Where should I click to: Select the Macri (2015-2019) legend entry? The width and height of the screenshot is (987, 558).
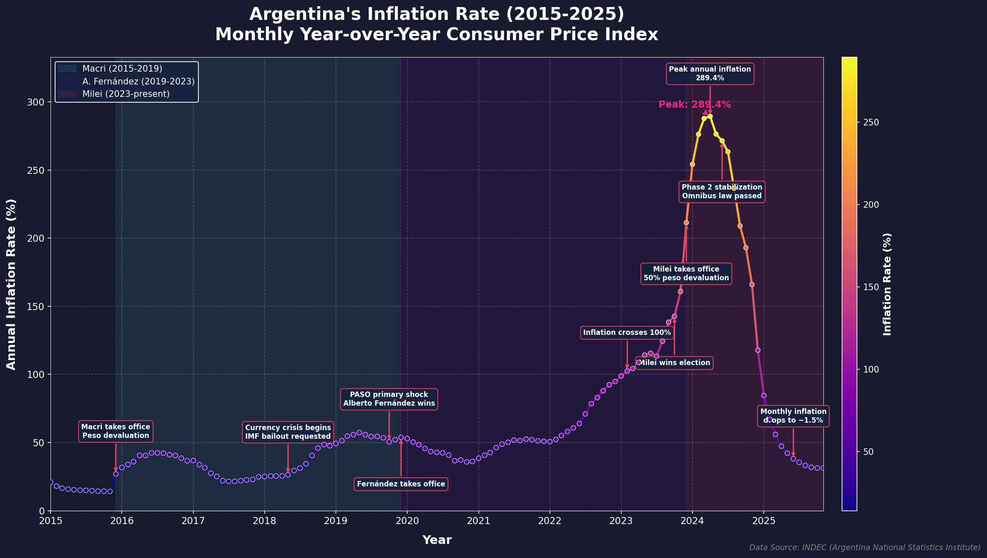point(122,69)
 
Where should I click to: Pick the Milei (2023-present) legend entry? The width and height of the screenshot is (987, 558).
point(125,94)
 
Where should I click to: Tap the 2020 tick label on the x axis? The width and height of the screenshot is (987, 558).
point(407,520)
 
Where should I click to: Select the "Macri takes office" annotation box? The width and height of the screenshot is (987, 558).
point(116,431)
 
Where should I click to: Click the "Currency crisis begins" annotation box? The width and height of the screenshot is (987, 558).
point(288,432)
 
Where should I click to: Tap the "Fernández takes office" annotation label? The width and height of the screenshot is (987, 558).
point(401,484)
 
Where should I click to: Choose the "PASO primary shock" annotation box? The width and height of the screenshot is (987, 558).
point(389,399)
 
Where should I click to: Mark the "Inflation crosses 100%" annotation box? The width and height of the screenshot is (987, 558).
point(627,332)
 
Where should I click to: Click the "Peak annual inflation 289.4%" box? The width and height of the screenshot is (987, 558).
point(710,74)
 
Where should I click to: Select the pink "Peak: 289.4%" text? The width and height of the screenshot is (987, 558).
point(695,105)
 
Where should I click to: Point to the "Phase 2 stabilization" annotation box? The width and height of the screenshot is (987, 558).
point(722,192)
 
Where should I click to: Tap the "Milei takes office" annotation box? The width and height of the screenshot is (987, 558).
point(686,274)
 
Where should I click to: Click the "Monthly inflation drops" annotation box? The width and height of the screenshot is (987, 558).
point(793,416)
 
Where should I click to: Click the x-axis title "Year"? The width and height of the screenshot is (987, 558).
point(437,540)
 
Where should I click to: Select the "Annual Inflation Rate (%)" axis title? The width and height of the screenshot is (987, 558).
point(11,284)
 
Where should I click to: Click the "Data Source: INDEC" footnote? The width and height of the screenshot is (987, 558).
point(864,548)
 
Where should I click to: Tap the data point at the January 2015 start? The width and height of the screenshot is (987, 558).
point(51,482)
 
